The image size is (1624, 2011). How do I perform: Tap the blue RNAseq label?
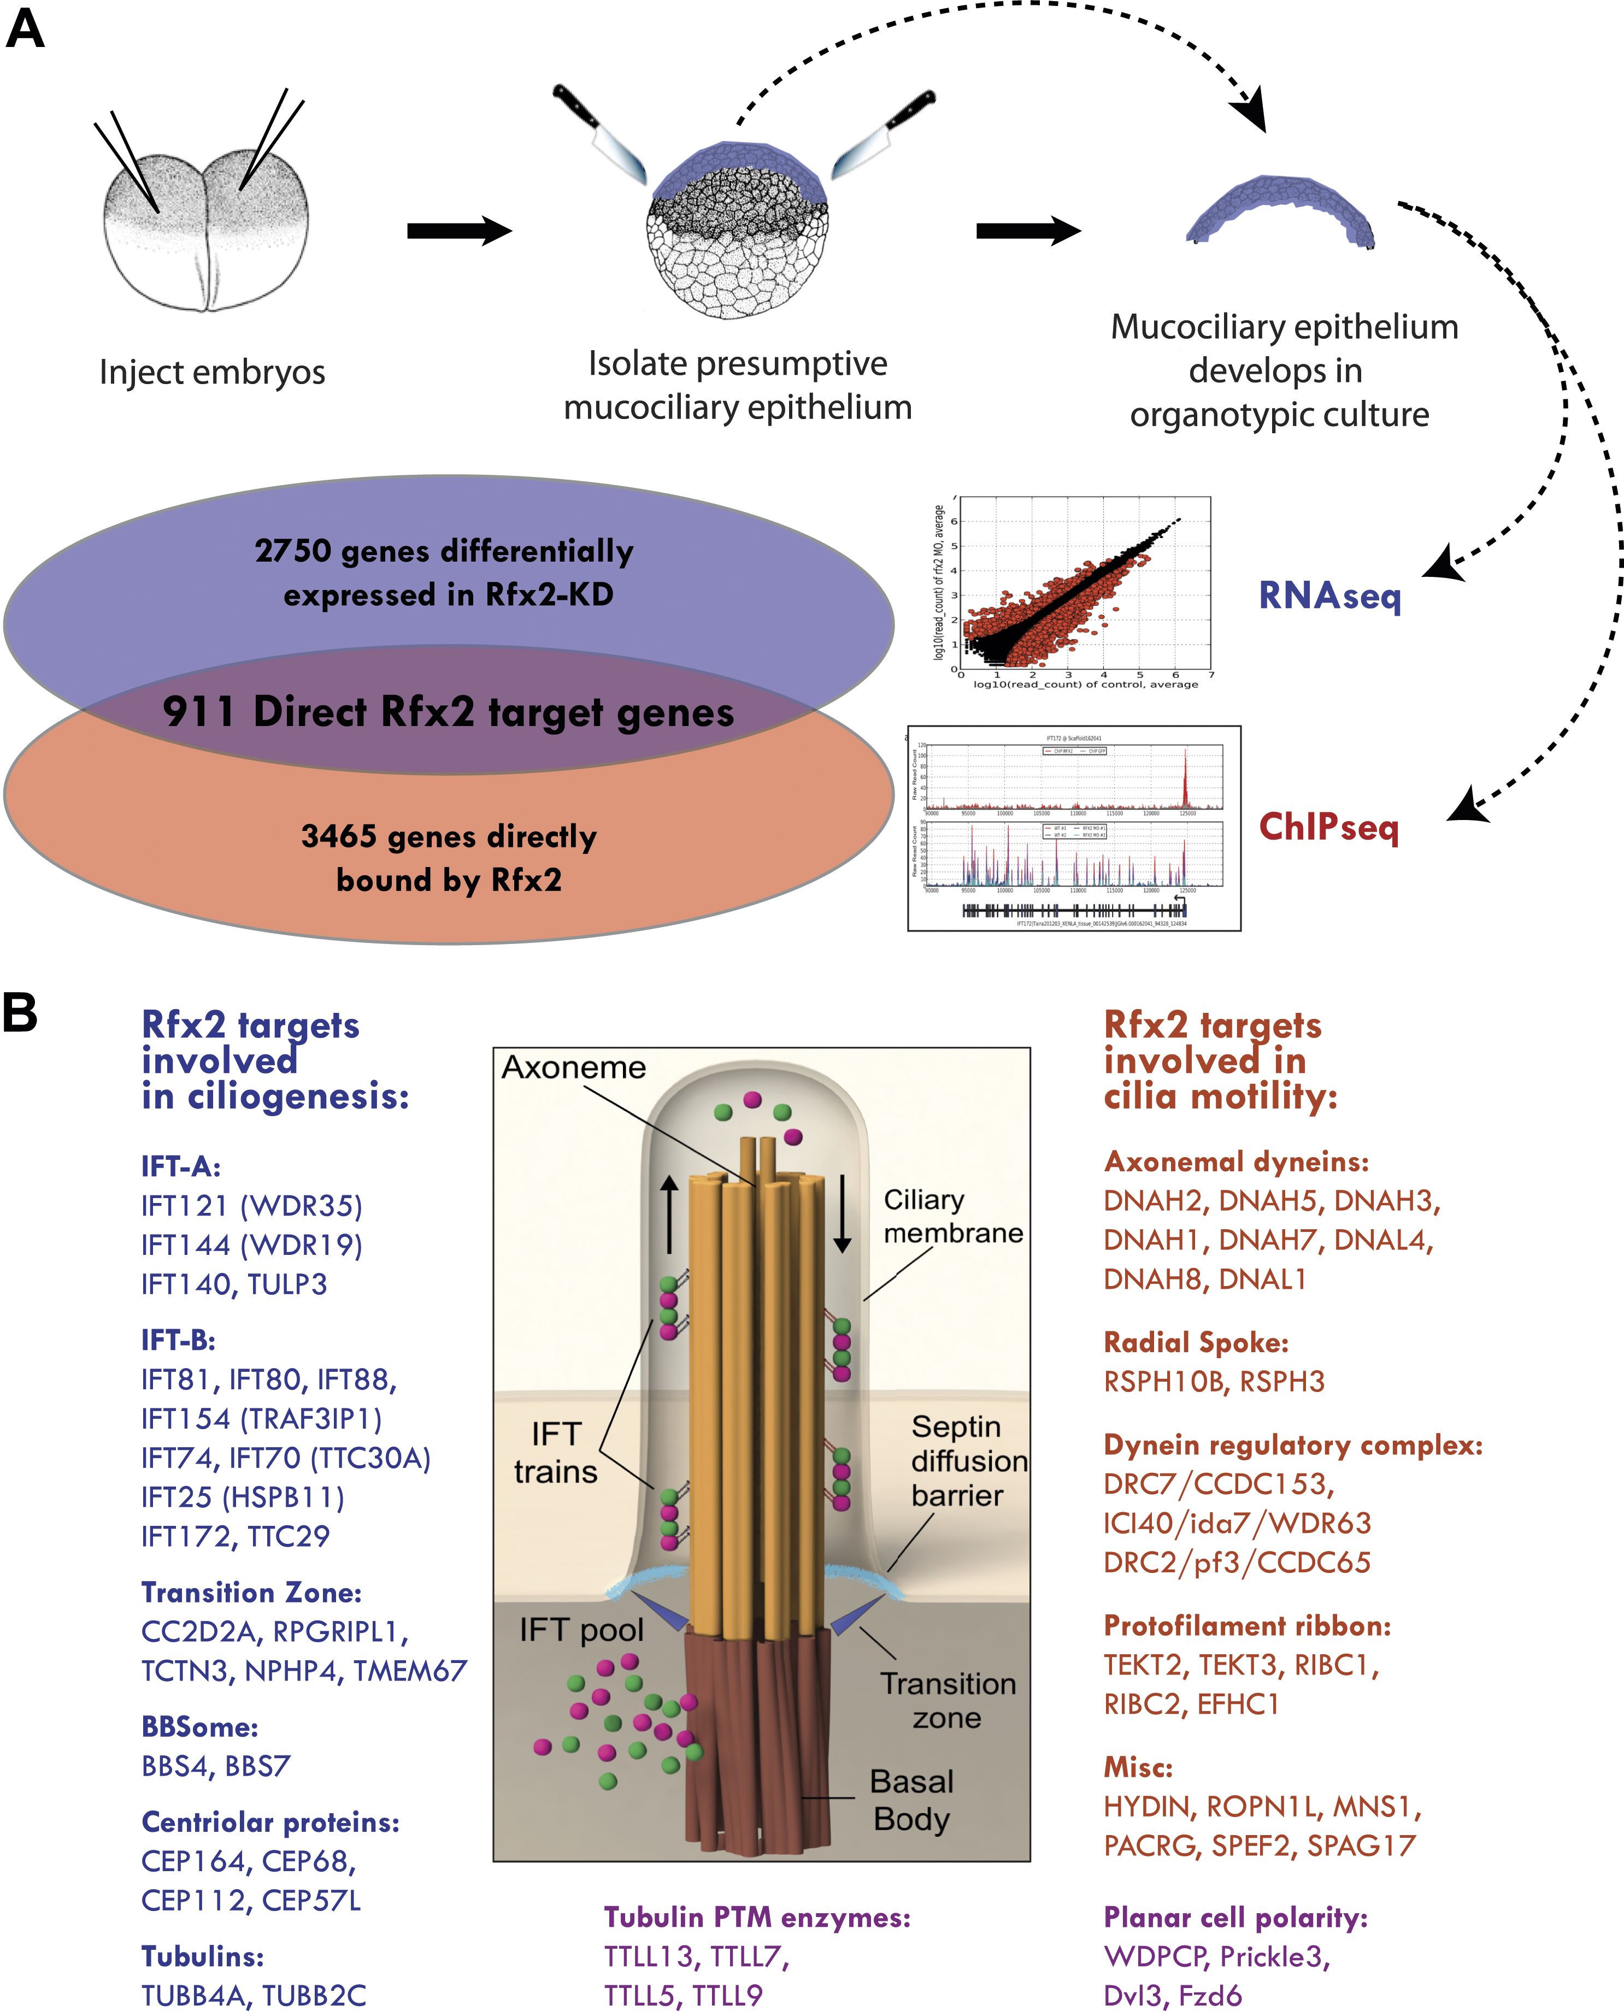coord(1329,595)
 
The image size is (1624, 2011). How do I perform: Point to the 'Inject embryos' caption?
coord(213,372)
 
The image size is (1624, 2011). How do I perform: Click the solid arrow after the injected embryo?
coord(458,230)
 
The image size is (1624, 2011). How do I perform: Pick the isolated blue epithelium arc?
coord(1279,210)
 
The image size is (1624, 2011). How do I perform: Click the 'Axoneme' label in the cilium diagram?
coord(573,1067)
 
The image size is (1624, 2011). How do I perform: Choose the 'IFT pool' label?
coord(581,1630)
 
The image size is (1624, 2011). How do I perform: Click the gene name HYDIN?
coord(1150,1807)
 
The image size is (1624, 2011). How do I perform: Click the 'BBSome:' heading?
coord(199,1727)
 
